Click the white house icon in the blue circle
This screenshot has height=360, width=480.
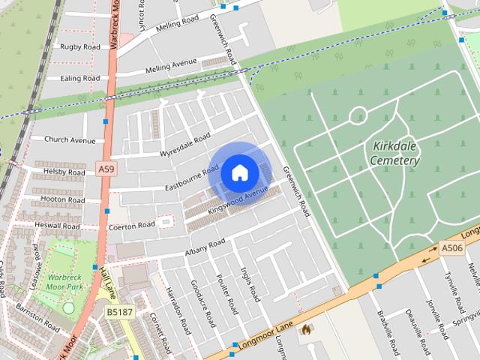[238, 172]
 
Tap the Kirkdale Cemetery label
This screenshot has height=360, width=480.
[394, 153]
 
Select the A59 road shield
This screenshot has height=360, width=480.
[106, 170]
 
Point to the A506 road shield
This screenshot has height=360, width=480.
[451, 248]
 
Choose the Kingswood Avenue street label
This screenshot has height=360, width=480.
[238, 200]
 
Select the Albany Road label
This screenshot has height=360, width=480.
[205, 246]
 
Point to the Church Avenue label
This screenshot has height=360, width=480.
[70, 139]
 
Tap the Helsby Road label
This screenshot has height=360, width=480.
[64, 172]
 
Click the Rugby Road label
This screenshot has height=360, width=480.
[79, 46]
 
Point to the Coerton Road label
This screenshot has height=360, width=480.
[131, 225]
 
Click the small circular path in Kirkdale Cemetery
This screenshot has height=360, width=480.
[358, 115]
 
